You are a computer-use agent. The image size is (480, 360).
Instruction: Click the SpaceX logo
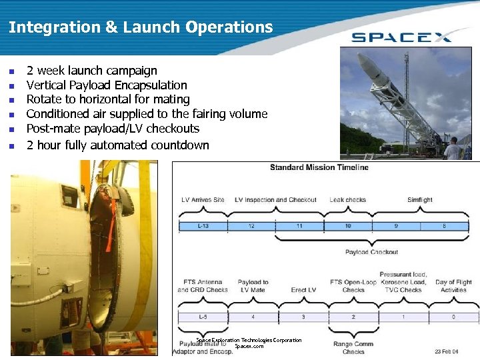point(401,36)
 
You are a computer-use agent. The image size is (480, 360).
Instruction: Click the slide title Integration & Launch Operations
point(141,27)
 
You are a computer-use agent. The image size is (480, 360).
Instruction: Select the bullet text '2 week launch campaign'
point(91,71)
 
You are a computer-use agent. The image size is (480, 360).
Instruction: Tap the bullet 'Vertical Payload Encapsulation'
point(107,85)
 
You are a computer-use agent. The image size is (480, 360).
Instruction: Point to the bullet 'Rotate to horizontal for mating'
point(108,99)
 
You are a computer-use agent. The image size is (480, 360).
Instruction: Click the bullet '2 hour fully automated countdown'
point(117,145)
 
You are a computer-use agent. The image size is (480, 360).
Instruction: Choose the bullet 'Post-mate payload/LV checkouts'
point(113,129)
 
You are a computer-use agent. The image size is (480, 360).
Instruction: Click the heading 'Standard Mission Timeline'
point(319,167)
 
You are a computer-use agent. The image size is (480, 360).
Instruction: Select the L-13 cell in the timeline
point(203,226)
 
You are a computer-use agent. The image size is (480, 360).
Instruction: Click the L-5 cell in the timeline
point(203,316)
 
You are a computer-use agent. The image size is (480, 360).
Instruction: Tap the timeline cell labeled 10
point(347,226)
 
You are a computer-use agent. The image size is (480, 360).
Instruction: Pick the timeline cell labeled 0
point(453,316)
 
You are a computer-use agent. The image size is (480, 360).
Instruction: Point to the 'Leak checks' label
point(347,200)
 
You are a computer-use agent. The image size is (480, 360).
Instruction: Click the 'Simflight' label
point(420,200)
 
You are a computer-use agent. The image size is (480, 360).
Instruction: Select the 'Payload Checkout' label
point(371,252)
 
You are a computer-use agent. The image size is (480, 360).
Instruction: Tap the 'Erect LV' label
point(303,290)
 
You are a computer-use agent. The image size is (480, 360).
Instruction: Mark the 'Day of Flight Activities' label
point(453,286)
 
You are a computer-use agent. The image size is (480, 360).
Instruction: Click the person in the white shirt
point(453,149)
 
